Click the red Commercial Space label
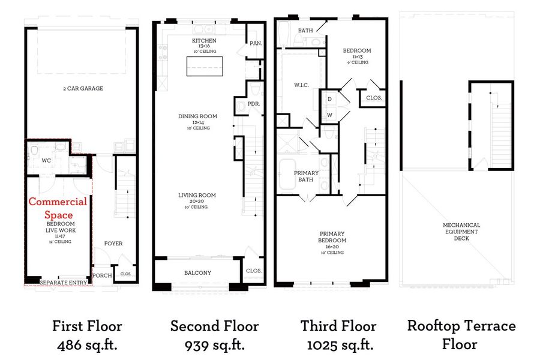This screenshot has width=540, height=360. [x=58, y=208]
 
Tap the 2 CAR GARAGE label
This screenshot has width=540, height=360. [x=83, y=89]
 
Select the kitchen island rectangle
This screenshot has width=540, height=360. [x=205, y=66]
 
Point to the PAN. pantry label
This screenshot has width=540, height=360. [x=256, y=43]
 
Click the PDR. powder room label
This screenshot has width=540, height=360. [x=254, y=104]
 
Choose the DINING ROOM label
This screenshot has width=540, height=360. [x=197, y=116]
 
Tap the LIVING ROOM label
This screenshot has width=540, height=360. [x=197, y=196]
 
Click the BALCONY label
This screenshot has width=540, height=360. [x=197, y=273]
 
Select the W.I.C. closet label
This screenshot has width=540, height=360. [x=301, y=85]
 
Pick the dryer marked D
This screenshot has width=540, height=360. [x=329, y=99]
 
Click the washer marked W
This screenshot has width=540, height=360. [x=329, y=115]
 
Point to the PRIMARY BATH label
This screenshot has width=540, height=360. [x=306, y=176]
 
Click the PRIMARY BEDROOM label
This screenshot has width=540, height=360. [x=332, y=237]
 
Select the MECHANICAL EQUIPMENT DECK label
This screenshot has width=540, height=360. [x=461, y=232]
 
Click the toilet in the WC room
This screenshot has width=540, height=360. [x=34, y=151]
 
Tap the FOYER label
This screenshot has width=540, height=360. [x=113, y=244]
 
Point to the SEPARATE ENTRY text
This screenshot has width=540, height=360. [x=64, y=283]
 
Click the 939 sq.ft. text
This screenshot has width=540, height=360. [x=215, y=345]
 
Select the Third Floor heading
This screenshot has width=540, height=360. [x=338, y=326]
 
